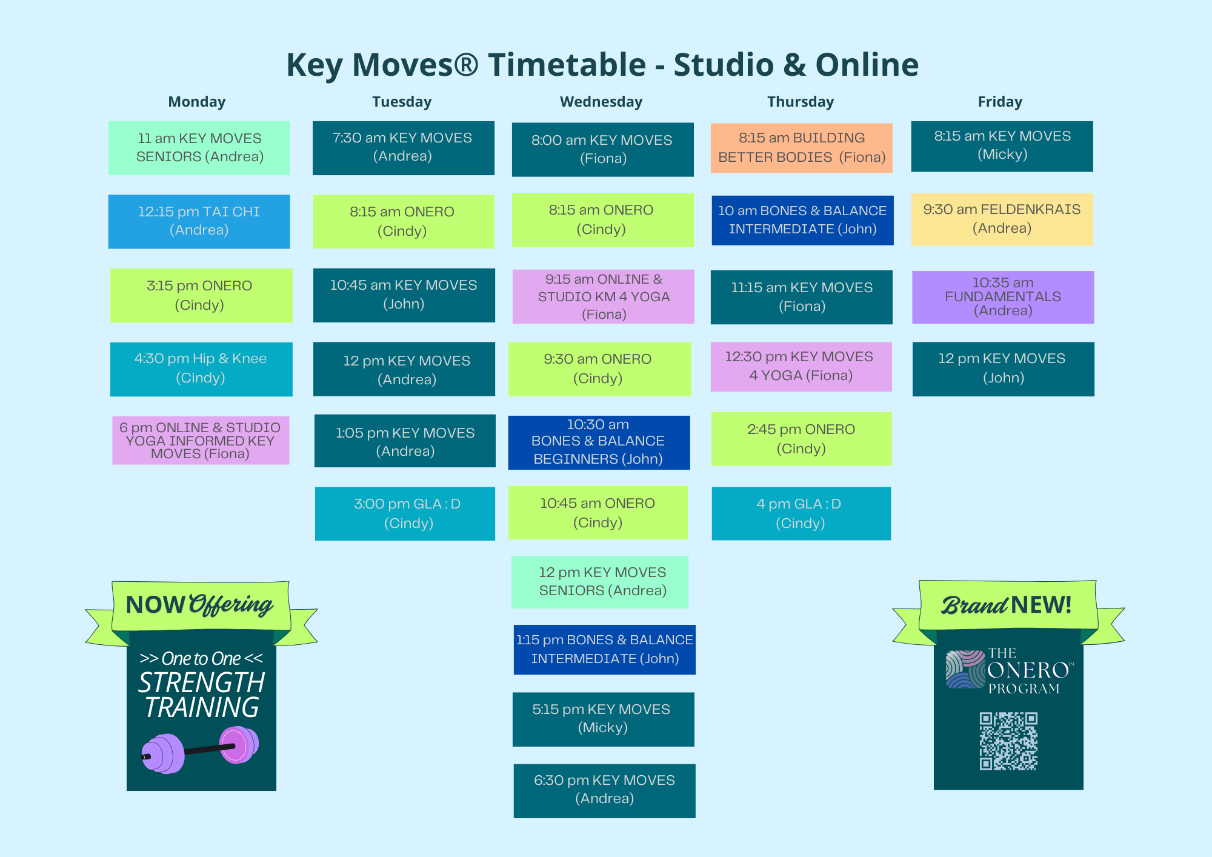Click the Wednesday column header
pyautogui.click(x=601, y=102)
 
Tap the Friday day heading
pyautogui.click(x=1000, y=102)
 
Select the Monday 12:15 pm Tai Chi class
pyautogui.click(x=199, y=222)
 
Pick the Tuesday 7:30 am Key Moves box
pyautogui.click(x=404, y=148)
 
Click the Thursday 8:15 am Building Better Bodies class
pyautogui.click(x=801, y=148)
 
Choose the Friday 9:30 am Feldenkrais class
pyautogui.click(x=1002, y=219)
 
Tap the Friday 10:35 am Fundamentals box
pyautogui.click(x=1003, y=297)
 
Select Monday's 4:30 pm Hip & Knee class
pyautogui.click(x=201, y=369)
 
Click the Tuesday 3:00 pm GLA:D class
pyautogui.click(x=405, y=513)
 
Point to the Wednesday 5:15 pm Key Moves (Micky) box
pyautogui.click(x=604, y=719)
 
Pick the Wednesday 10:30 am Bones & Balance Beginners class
pyautogui.click(x=599, y=442)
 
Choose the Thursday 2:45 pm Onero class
pyautogui.click(x=801, y=439)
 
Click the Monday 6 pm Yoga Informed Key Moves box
pyautogui.click(x=201, y=441)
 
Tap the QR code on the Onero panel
pyautogui.click(x=1008, y=741)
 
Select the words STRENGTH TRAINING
pyautogui.click(x=202, y=695)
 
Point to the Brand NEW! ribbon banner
pyautogui.click(x=1008, y=613)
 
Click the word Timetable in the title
pyautogui.click(x=567, y=65)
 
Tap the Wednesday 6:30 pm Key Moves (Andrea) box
pyautogui.click(x=604, y=791)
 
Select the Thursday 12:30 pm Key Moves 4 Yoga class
pyautogui.click(x=801, y=367)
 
